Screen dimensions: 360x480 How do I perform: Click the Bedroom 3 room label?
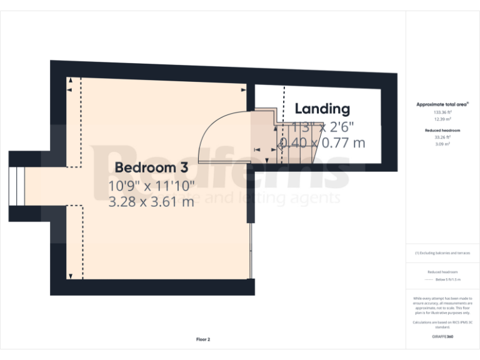point(151,167)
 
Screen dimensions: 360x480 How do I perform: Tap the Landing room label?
point(322,109)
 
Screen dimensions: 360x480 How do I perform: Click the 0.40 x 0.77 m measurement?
point(322,142)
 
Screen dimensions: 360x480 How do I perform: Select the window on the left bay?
point(17,186)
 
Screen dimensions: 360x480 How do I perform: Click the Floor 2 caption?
point(203,339)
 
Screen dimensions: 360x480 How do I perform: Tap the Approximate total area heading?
point(442,104)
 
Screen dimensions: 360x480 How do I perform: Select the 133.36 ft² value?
point(442,112)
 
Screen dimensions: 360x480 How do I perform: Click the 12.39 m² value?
point(442,118)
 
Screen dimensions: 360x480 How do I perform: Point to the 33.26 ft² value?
point(442,137)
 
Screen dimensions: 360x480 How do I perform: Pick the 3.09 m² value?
point(442,144)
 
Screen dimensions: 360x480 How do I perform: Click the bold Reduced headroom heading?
point(442,130)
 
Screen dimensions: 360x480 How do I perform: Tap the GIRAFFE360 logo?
point(442,337)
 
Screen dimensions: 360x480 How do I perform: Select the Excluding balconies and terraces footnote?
point(442,253)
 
